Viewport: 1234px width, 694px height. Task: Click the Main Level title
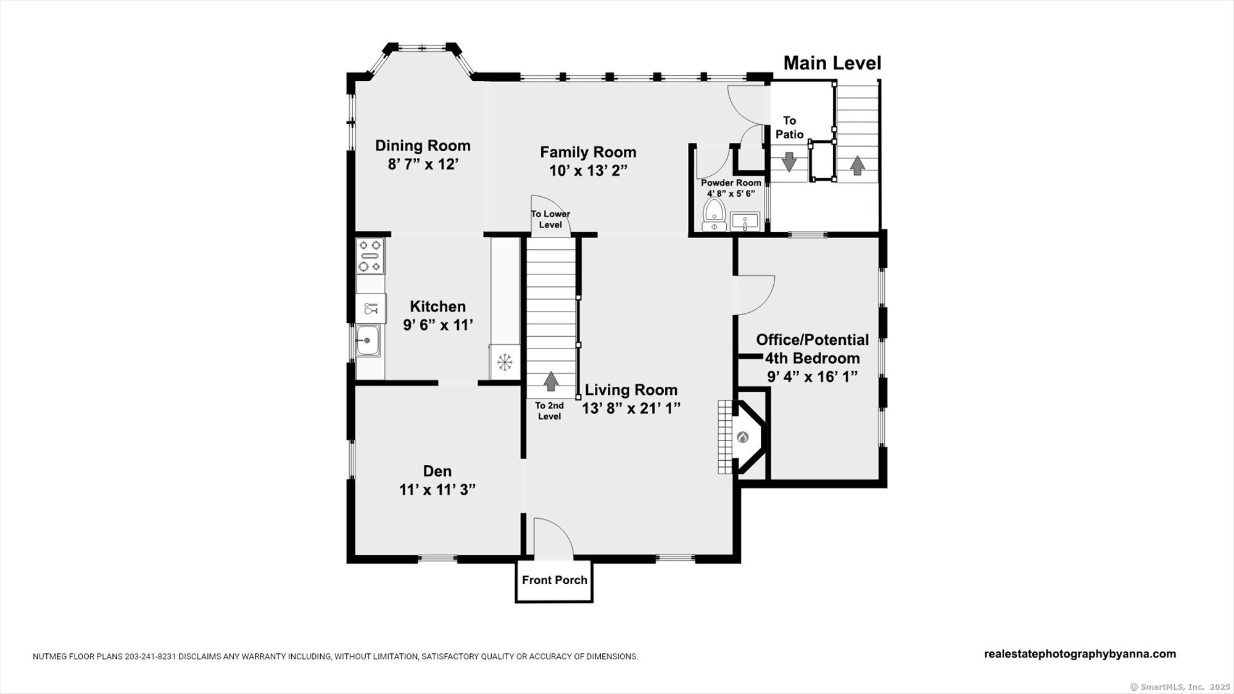832,63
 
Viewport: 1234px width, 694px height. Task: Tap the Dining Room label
423,146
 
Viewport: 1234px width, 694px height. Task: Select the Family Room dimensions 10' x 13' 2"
588,171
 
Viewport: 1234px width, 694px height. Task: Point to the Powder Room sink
745,221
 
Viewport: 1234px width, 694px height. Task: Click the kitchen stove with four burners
370,256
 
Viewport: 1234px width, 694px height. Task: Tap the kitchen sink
368,341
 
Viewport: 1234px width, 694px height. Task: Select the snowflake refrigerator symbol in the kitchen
505,362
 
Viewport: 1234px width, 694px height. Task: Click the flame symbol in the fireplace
743,437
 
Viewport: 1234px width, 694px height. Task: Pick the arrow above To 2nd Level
550,381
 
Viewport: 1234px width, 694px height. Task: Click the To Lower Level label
550,219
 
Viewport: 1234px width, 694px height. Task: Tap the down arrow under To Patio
789,161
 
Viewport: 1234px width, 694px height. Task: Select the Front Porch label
555,580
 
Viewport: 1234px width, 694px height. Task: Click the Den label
437,471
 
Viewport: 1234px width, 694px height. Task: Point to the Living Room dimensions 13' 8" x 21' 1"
631,408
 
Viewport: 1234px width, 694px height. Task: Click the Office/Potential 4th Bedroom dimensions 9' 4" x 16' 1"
813,376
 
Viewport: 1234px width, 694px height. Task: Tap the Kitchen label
438,307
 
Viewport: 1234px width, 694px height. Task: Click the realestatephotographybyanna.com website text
1080,654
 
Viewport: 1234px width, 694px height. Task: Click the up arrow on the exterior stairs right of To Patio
857,165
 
